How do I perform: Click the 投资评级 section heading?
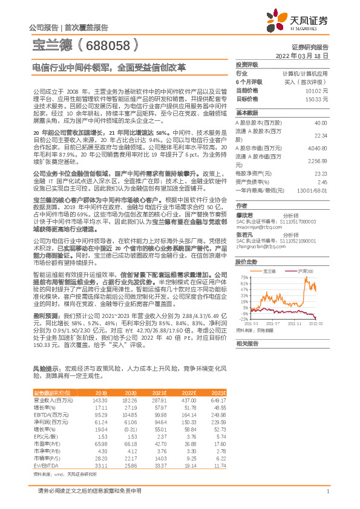pyautogui.click(x=247, y=64)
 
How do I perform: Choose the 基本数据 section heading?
pyautogui.click(x=247, y=113)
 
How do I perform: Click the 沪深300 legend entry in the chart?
pyautogui.click(x=303, y=271)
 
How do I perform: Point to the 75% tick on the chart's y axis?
pyautogui.click(x=243, y=277)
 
